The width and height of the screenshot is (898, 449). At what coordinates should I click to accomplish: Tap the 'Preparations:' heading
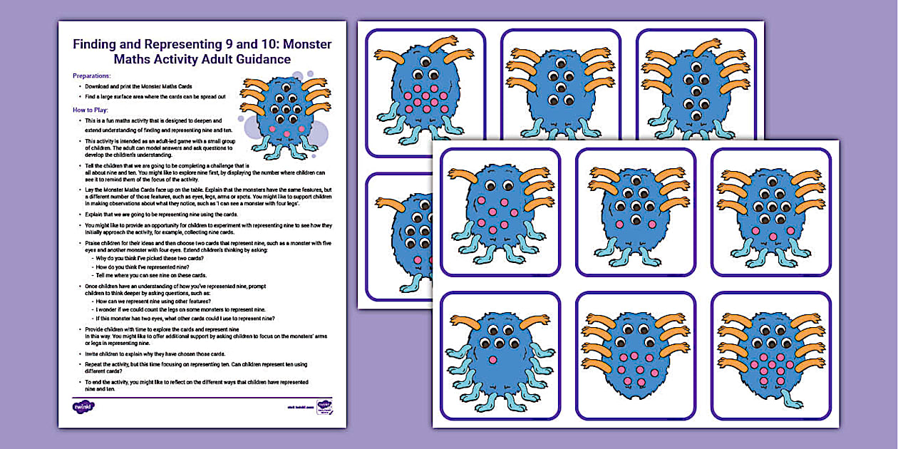pyautogui.click(x=92, y=75)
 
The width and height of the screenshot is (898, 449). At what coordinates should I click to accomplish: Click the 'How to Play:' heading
pyautogui.click(x=91, y=110)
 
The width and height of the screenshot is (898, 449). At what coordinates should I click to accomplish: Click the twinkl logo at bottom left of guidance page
pyautogui.click(x=83, y=407)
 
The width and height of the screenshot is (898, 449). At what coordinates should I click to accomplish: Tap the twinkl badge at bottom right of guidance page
pyautogui.click(x=325, y=406)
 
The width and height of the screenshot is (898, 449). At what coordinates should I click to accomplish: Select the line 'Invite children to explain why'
pyautogui.click(x=155, y=354)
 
